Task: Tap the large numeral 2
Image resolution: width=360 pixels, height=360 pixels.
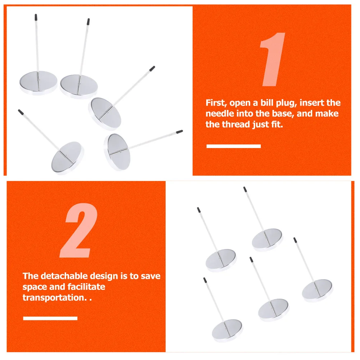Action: click(79, 230)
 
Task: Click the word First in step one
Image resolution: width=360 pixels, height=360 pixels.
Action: click(216, 103)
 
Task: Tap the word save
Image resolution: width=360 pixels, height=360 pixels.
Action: click(151, 276)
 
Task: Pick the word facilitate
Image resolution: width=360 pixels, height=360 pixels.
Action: click(86, 287)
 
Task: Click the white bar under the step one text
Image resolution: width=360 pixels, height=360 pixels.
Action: click(234, 146)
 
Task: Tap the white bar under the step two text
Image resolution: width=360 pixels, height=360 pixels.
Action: click(50, 318)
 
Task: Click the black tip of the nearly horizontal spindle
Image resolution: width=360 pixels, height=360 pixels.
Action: click(180, 131)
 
